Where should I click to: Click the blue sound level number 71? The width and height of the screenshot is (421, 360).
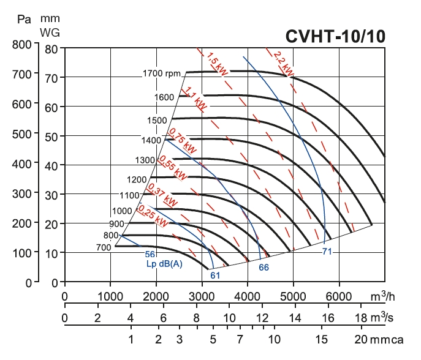[x=327, y=251]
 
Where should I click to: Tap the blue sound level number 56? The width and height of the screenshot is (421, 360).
[x=150, y=254]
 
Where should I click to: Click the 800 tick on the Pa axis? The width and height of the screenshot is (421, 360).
[x=21, y=44]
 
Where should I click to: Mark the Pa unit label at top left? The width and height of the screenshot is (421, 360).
[x=25, y=18]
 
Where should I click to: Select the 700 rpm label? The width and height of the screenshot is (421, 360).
[x=103, y=247]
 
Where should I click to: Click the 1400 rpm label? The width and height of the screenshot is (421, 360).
[x=151, y=140]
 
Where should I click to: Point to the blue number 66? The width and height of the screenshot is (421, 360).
[x=264, y=267]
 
